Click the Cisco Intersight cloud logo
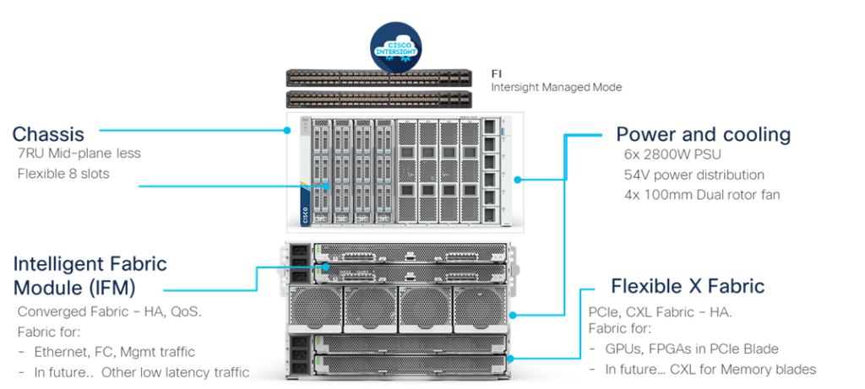coord(396,47)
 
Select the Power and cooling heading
coord(703,135)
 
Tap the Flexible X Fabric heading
coord(688,287)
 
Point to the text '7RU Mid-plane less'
coord(79,154)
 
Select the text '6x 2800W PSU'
coord(672,155)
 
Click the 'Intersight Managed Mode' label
coord(557,87)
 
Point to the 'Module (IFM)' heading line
coord(73,287)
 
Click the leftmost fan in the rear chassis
coord(315,308)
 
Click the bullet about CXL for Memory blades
coord(710,370)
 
